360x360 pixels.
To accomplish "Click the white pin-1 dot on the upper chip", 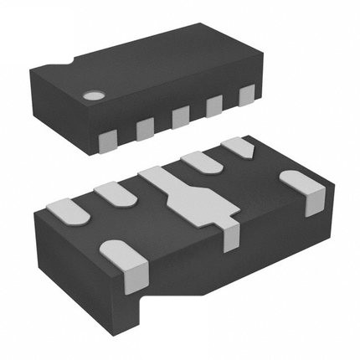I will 91,96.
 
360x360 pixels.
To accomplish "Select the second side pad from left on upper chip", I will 144,126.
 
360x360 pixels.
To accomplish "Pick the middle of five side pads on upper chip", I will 180,117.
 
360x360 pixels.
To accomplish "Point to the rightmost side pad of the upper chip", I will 247,96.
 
